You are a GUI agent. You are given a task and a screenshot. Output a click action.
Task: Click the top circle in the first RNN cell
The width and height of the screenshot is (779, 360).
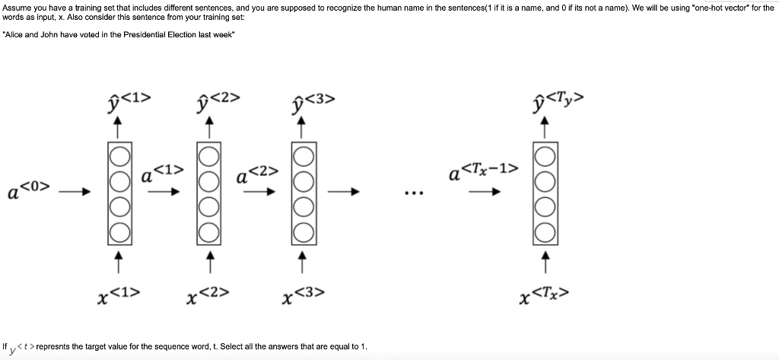[x=117, y=155]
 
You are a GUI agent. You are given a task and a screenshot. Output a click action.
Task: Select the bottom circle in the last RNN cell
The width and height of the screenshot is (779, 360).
[x=544, y=230]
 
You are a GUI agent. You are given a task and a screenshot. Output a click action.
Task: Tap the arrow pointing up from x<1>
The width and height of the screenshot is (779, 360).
[x=117, y=261]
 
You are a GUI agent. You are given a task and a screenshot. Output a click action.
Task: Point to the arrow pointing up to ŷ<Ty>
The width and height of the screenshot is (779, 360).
[x=544, y=129]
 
